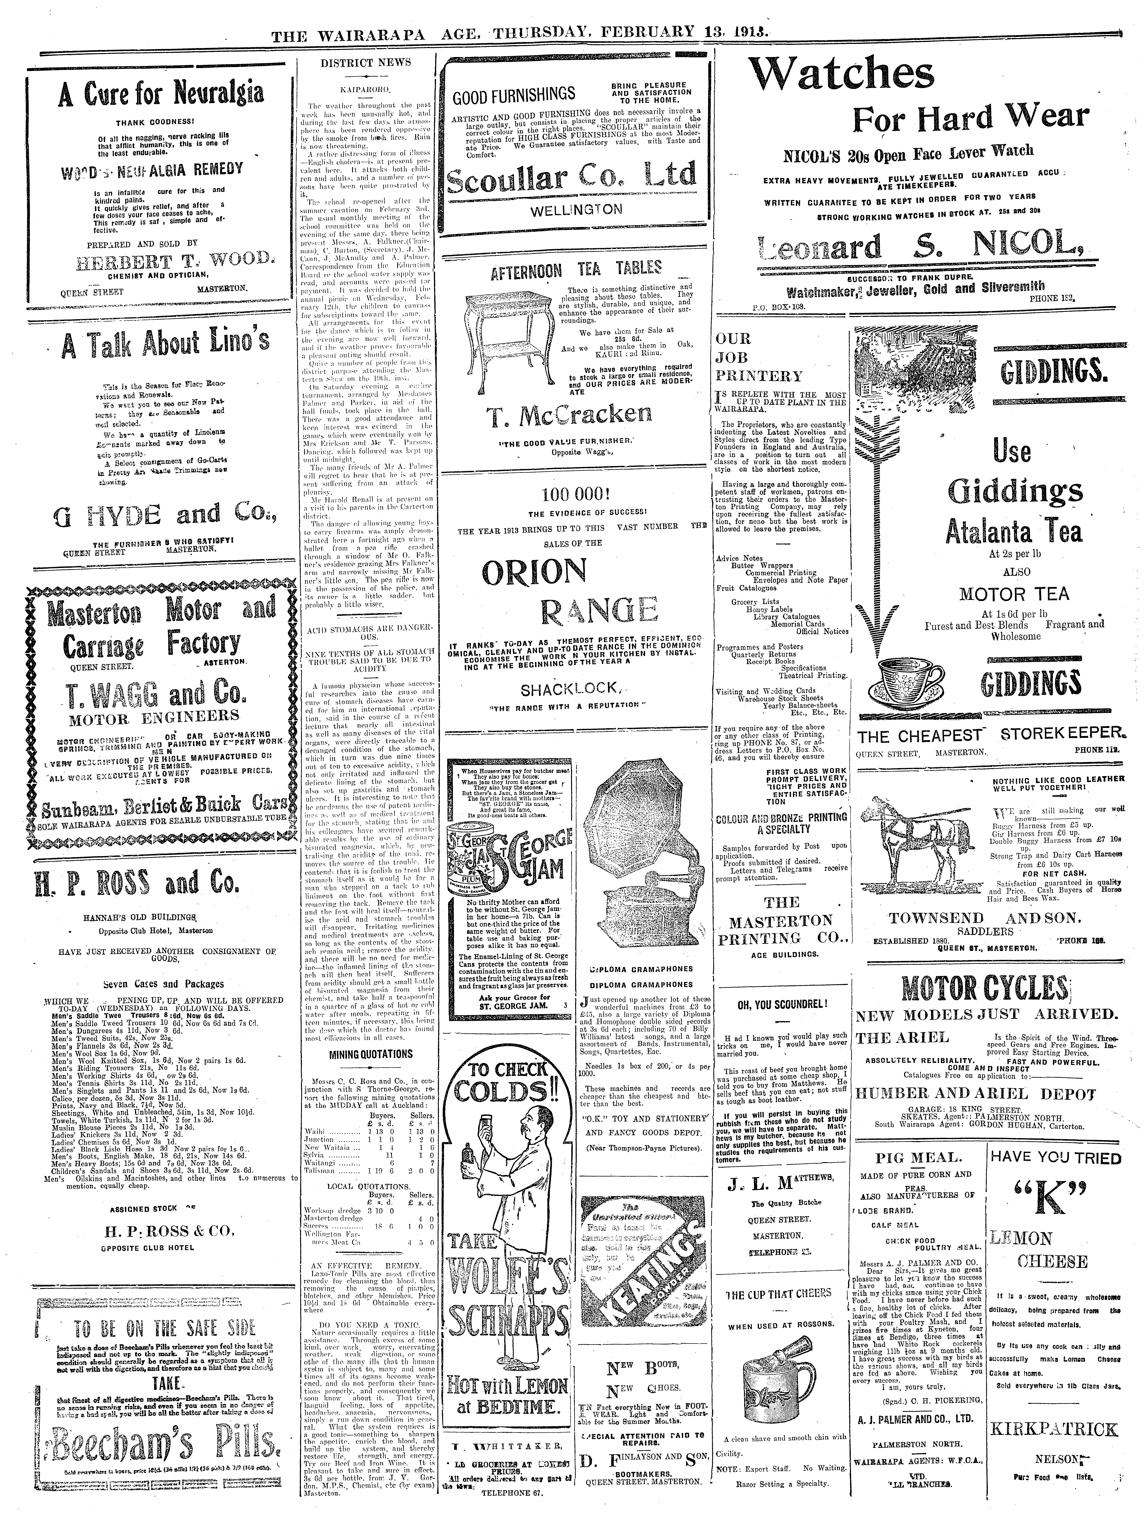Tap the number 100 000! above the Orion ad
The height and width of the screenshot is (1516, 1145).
tap(576, 493)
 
